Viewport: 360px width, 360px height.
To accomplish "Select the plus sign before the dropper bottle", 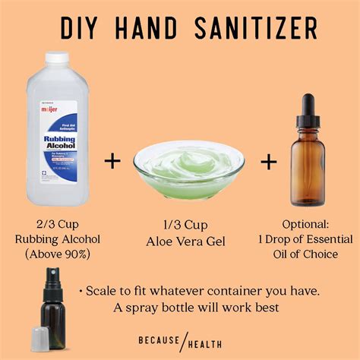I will (269, 160).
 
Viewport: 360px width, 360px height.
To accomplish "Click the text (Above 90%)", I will (57, 254).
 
